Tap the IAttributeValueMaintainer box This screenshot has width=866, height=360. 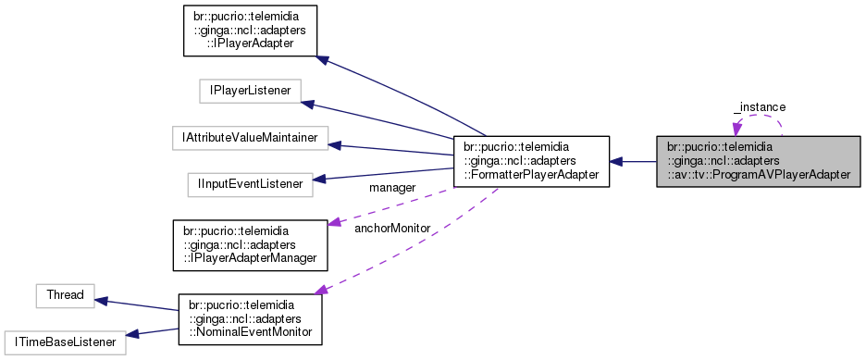pos(250,138)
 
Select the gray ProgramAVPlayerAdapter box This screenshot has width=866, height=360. pos(760,161)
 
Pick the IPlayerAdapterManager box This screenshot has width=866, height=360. pos(250,244)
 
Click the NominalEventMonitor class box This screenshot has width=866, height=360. pos(250,319)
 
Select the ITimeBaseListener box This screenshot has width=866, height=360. pos(65,342)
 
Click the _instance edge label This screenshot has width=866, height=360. pos(760,107)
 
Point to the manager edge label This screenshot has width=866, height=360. pos(392,188)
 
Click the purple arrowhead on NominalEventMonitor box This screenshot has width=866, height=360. pos(323,291)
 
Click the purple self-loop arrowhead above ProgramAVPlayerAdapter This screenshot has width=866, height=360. pos(737,128)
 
